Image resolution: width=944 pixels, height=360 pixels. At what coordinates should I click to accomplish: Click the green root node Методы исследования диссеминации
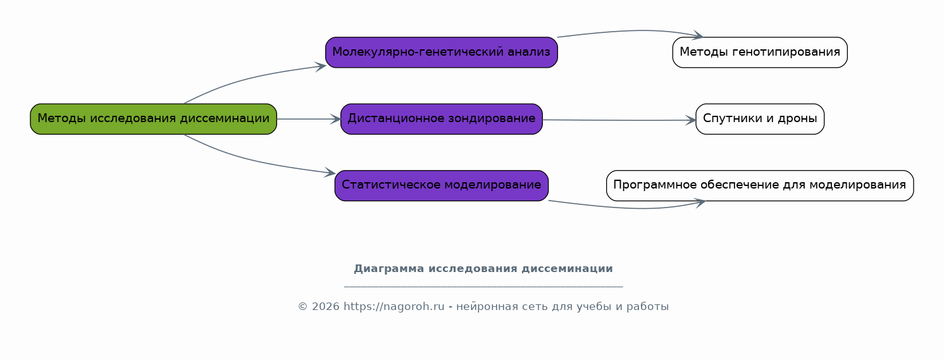click(153, 119)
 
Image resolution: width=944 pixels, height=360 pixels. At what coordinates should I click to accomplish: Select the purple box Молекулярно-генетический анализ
click(441, 53)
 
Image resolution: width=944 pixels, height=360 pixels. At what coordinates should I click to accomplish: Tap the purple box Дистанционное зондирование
click(441, 119)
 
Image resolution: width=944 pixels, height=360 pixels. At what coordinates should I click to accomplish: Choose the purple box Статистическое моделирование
click(441, 185)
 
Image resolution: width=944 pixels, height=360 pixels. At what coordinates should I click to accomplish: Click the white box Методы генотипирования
click(760, 53)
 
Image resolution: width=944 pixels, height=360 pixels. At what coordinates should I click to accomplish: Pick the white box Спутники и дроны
click(760, 119)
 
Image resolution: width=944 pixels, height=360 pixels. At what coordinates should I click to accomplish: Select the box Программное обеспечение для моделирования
click(760, 185)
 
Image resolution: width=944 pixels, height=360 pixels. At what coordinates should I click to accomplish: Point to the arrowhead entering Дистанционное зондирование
click(335, 120)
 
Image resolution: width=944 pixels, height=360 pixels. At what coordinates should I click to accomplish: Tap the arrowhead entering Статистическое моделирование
click(330, 172)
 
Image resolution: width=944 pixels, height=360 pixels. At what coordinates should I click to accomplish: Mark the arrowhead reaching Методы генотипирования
click(698, 35)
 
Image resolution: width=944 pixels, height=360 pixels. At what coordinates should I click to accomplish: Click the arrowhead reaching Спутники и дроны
click(691, 121)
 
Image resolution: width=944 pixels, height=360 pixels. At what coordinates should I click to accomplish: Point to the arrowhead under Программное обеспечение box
click(700, 202)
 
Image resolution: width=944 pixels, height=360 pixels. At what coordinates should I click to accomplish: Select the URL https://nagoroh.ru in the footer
click(394, 306)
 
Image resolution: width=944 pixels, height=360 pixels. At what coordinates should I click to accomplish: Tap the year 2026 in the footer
click(326, 306)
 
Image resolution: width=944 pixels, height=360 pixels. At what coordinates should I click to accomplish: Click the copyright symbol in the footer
click(303, 306)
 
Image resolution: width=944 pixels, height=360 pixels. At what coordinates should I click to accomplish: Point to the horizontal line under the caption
click(483, 287)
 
